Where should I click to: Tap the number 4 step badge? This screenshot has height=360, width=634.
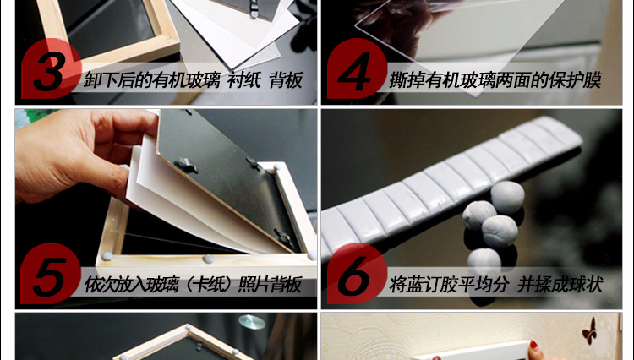pyautogui.click(x=357, y=69)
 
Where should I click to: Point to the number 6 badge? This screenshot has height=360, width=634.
pyautogui.click(x=357, y=274)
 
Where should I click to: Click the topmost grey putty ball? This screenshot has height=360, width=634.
pyautogui.click(x=507, y=197)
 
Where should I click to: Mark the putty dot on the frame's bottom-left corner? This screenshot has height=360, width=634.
pyautogui.click(x=107, y=255)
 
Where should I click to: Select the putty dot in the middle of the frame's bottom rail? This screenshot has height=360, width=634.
pyautogui.click(x=208, y=259)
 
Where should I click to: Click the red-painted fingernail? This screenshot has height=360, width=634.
pyautogui.click(x=533, y=345)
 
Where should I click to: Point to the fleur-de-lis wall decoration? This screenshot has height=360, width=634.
pyautogui.click(x=589, y=331)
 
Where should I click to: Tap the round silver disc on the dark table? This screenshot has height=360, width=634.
pyautogui.click(x=252, y=322)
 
